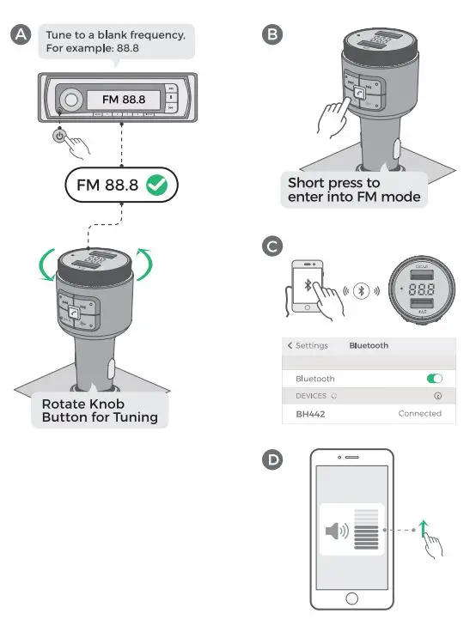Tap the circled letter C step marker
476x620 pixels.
click(272, 246)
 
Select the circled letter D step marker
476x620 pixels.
click(272, 460)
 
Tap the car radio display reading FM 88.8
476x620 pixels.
click(123, 100)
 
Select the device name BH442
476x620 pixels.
click(311, 413)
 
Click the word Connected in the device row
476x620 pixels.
click(419, 413)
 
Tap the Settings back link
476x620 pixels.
click(308, 345)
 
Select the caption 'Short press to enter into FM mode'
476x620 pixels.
click(353, 190)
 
